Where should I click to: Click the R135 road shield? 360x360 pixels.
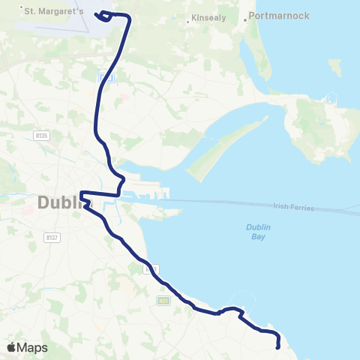(x=41, y=135)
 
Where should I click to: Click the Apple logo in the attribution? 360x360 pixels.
(x=11, y=347)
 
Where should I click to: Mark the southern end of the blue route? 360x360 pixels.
(x=278, y=346)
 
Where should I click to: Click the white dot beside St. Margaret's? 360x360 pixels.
(x=21, y=7)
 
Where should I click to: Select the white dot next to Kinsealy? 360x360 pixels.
(x=186, y=20)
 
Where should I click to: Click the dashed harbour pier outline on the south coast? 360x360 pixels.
(x=241, y=300)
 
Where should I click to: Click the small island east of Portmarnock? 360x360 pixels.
(x=334, y=67)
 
